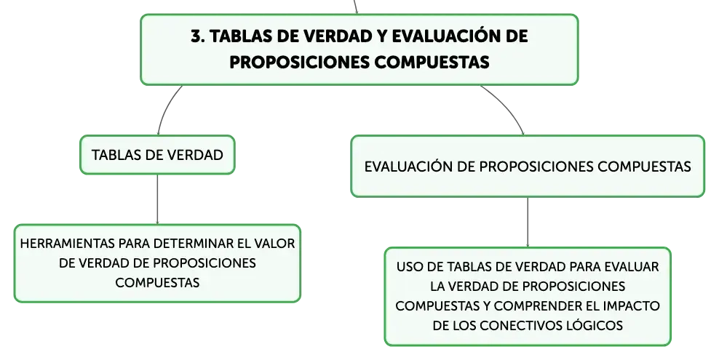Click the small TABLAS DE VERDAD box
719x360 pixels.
click(x=157, y=155)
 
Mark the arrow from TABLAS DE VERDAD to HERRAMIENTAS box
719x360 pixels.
click(x=157, y=199)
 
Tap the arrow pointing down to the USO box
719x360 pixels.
click(x=528, y=223)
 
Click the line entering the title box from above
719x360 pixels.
click(x=355, y=7)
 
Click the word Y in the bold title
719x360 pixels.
click(x=382, y=36)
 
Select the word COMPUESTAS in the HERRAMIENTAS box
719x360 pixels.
click(x=157, y=282)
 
